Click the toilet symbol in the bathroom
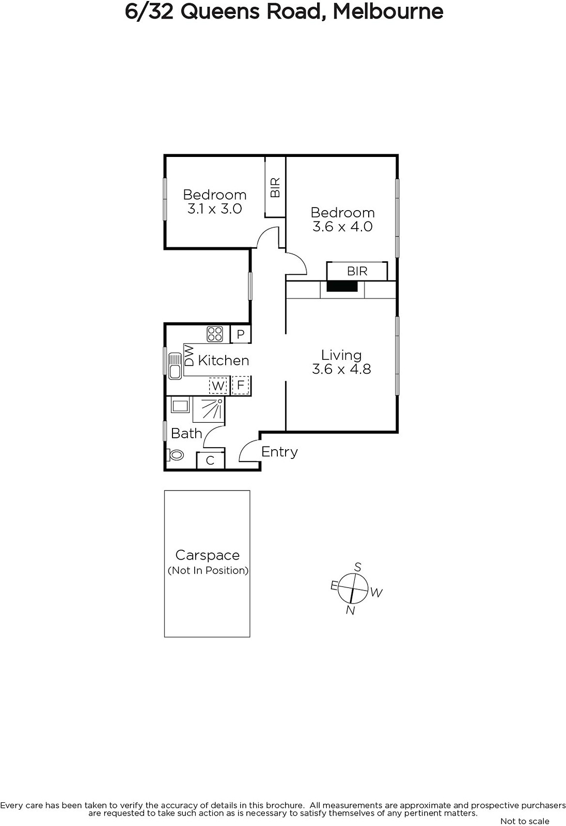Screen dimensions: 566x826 coord(175,455)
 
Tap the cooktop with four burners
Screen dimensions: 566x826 coord(215,334)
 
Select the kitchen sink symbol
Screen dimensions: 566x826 coord(175,366)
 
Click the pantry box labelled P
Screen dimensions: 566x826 coord(241,334)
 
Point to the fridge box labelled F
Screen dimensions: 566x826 coord(241,385)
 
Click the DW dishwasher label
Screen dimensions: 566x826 coord(189,355)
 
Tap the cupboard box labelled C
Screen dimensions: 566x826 coord(210,460)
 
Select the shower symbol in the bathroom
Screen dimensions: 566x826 coord(209,409)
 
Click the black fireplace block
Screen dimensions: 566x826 coord(342,286)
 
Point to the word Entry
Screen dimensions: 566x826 coord(279,452)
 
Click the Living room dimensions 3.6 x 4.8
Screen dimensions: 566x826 coord(341,369)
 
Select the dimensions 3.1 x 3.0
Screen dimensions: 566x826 coord(214,209)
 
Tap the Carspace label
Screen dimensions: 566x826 coord(208,555)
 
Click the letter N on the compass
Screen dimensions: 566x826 coord(351,610)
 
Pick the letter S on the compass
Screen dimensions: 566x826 coord(357,567)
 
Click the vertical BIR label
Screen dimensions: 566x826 coord(275,187)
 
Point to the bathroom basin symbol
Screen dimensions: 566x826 coord(180,406)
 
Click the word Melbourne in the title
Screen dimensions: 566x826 coord(388,11)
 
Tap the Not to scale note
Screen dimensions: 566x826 coord(525,821)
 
